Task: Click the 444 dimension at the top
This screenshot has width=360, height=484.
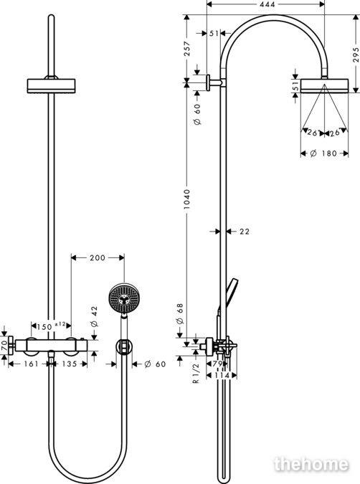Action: (x=267, y=4)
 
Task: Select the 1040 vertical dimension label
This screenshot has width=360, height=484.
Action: (x=186, y=199)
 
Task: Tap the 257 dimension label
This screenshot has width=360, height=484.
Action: (x=186, y=49)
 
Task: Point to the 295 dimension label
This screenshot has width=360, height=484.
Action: (x=356, y=54)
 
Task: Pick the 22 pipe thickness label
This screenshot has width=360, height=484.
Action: (x=245, y=231)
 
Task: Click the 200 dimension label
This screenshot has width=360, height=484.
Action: (x=98, y=257)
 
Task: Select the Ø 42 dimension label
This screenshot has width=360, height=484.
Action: (x=94, y=316)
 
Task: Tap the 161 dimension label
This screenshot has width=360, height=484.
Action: (x=31, y=364)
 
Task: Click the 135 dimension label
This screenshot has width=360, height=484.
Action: (x=70, y=364)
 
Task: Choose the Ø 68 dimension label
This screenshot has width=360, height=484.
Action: (x=180, y=313)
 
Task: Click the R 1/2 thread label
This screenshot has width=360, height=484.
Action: (x=196, y=373)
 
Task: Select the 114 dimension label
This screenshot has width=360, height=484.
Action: (x=223, y=375)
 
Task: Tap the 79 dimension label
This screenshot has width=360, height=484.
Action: (x=218, y=364)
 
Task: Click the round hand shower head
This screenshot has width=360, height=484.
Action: (x=124, y=298)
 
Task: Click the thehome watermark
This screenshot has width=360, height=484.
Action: (x=311, y=464)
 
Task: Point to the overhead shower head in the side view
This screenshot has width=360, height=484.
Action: (x=324, y=86)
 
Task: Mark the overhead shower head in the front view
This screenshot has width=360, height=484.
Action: (x=51, y=86)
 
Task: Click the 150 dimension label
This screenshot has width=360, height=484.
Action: (x=44, y=326)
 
